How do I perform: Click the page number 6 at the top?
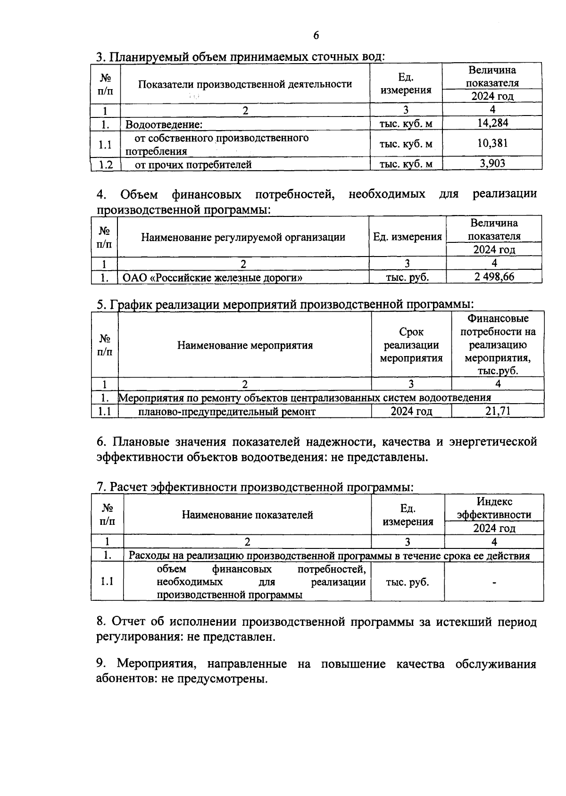click(316, 36)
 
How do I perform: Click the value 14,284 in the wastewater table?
click(492, 124)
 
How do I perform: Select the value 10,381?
click(492, 143)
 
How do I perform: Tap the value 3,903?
click(492, 164)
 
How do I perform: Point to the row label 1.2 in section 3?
click(106, 164)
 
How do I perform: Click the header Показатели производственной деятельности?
click(245, 84)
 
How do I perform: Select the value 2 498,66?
click(494, 277)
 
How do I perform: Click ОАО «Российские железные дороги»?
click(212, 277)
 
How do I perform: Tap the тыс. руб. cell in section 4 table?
click(407, 277)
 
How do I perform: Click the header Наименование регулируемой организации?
click(243, 237)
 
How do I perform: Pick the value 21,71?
click(498, 411)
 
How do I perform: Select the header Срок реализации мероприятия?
click(411, 345)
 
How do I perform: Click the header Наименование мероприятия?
click(245, 345)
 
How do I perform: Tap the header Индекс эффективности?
click(494, 508)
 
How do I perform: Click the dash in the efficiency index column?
click(494, 583)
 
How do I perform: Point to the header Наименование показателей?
click(247, 515)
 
